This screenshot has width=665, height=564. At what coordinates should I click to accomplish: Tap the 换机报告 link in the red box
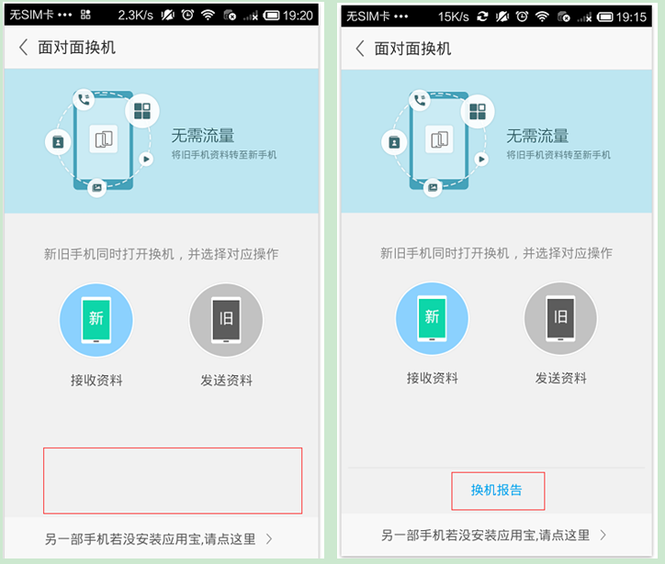click(497, 491)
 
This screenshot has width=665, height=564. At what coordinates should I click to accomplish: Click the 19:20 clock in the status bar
click(298, 16)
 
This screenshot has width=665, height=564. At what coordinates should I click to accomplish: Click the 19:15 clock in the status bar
click(634, 16)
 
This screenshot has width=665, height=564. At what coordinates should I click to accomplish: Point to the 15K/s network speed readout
click(453, 16)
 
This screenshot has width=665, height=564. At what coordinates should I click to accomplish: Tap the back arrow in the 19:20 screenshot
click(24, 48)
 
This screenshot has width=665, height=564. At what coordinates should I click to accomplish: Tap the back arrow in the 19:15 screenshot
click(360, 48)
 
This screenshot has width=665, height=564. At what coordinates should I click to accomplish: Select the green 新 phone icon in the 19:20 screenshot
click(96, 319)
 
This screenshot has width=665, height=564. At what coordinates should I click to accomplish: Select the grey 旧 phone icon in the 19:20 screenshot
click(226, 320)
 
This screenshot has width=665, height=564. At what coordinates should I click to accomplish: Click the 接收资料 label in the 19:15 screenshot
click(432, 378)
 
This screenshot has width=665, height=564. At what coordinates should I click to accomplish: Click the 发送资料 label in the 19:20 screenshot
click(226, 380)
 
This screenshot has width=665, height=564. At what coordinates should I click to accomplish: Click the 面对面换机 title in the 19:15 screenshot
click(412, 49)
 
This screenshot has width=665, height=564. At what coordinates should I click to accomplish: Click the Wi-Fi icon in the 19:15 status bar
click(542, 16)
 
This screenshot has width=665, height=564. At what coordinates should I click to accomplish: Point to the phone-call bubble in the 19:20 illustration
click(84, 100)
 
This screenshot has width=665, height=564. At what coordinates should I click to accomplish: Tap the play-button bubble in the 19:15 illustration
click(481, 159)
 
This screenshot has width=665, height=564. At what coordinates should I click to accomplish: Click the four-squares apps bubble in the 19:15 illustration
click(478, 112)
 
